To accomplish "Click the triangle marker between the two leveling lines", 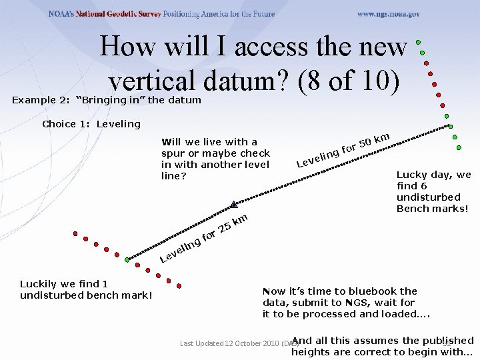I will [233, 204].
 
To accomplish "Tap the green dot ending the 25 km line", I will [127, 259].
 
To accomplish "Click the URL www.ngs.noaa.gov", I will [388, 14].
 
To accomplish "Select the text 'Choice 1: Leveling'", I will [91, 124].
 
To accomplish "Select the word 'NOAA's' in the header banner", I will [67, 14].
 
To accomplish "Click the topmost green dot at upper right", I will [418, 42].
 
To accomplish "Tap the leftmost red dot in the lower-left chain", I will [75, 234].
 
